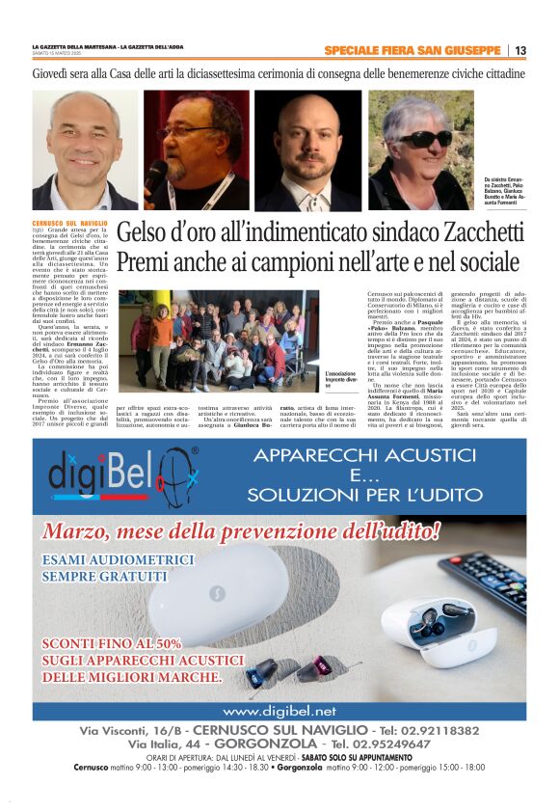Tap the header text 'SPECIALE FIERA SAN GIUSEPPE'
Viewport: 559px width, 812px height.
tap(413, 51)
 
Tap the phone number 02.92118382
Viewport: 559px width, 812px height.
tap(441, 730)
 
